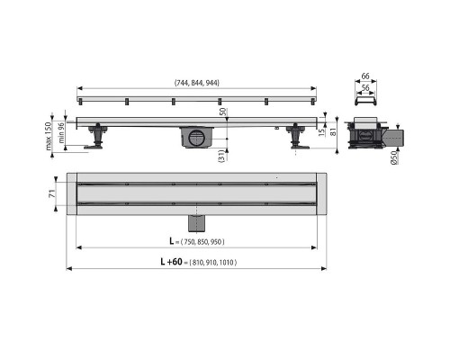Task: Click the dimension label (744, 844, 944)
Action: pos(196,83)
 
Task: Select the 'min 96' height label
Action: pos(61,133)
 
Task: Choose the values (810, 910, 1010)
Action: pos(213,263)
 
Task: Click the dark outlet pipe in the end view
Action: pos(395,137)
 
